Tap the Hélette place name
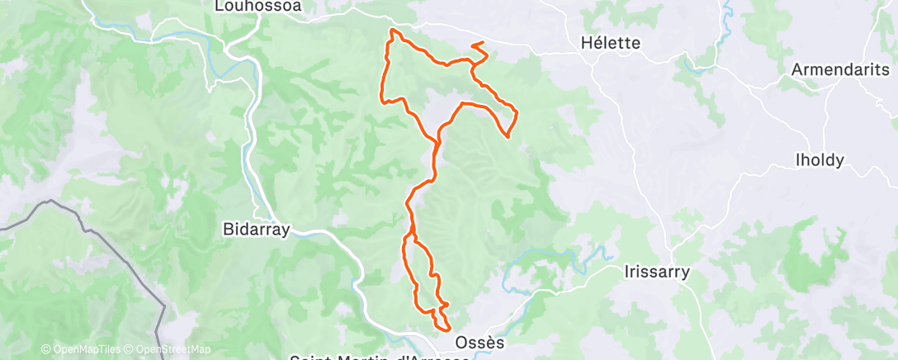[x=611, y=42]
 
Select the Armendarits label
[x=839, y=70]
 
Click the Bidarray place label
[x=257, y=230]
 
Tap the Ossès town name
[x=478, y=341]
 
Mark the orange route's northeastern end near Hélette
[x=482, y=42]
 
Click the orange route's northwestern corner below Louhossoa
[x=392, y=31]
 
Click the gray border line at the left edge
[x=25, y=214]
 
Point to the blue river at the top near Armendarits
[x=726, y=12]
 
